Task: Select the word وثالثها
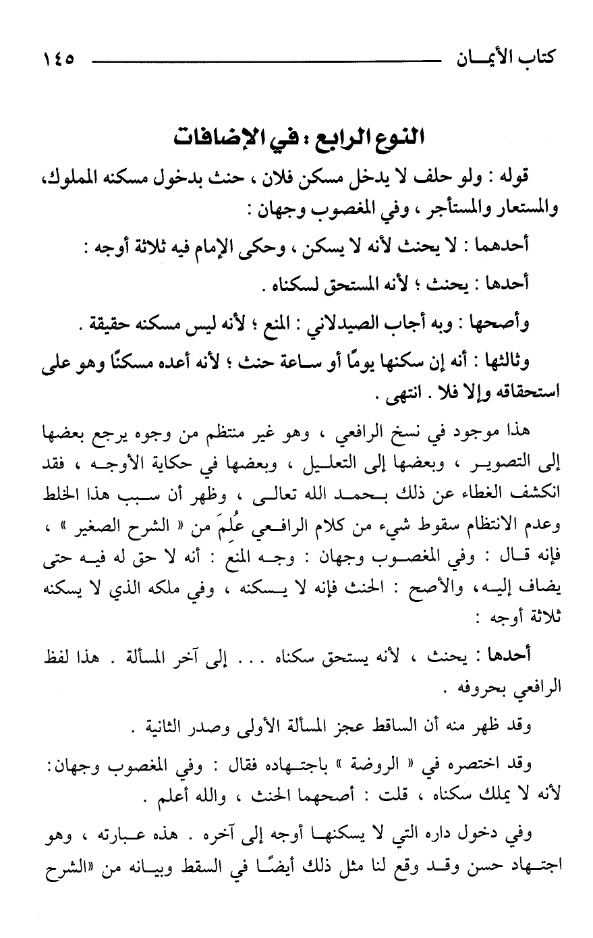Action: (503, 362)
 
